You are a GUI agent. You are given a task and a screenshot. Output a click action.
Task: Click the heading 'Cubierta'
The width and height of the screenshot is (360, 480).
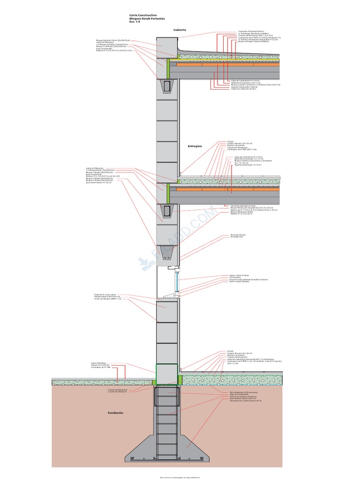pos(180,30)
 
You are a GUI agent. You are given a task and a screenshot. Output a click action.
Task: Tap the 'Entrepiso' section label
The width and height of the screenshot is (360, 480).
pos(195,146)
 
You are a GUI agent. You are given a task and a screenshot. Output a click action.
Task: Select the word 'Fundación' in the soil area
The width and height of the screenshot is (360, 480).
pos(115,412)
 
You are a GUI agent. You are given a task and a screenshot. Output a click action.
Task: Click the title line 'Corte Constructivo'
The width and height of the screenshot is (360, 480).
pos(143,15)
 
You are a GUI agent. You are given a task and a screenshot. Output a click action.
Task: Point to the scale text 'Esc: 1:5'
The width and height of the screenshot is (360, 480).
pos(135,22)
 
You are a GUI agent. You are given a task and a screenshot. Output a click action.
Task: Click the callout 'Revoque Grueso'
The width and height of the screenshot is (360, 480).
pos(238,234)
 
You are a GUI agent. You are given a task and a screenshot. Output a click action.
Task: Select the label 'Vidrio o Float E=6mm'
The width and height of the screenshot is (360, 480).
pos(239,275)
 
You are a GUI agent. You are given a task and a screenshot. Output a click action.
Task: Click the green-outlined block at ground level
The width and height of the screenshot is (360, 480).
pos(167,374)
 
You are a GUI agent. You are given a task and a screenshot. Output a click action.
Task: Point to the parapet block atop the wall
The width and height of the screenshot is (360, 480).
pos(167,47)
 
